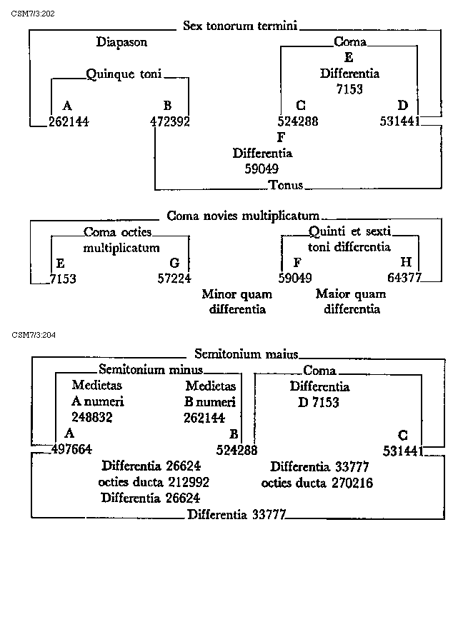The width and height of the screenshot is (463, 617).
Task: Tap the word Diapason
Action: [121, 42]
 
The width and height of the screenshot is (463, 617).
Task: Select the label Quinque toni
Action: [124, 74]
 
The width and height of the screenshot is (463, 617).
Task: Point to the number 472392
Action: [170, 121]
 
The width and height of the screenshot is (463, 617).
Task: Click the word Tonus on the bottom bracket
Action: [286, 186]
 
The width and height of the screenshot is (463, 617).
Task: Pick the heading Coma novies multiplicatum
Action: [242, 216]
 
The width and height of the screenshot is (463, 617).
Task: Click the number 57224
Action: [174, 279]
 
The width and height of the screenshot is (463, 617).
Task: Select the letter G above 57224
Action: [174, 263]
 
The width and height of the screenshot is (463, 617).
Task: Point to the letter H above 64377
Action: [406, 263]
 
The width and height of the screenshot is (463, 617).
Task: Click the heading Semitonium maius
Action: [246, 353]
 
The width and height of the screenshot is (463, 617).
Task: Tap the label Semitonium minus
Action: [150, 370]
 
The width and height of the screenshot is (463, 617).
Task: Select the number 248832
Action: [91, 416]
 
